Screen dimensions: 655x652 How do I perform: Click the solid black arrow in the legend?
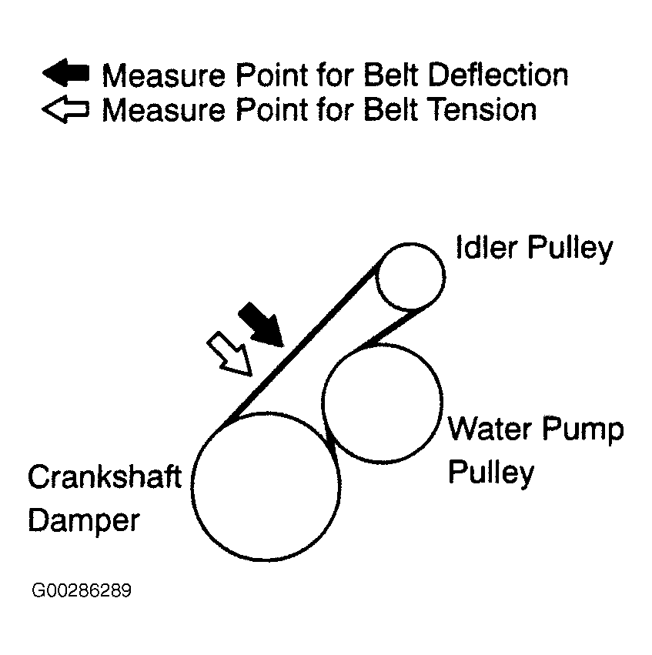(66, 75)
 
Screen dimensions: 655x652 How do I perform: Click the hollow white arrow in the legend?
(66, 109)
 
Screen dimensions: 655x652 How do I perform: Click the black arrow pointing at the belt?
(261, 323)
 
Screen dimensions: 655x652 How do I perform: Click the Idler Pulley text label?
(534, 248)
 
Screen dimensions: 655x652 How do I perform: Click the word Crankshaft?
(105, 477)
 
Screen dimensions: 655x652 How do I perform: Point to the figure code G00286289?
(82, 591)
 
